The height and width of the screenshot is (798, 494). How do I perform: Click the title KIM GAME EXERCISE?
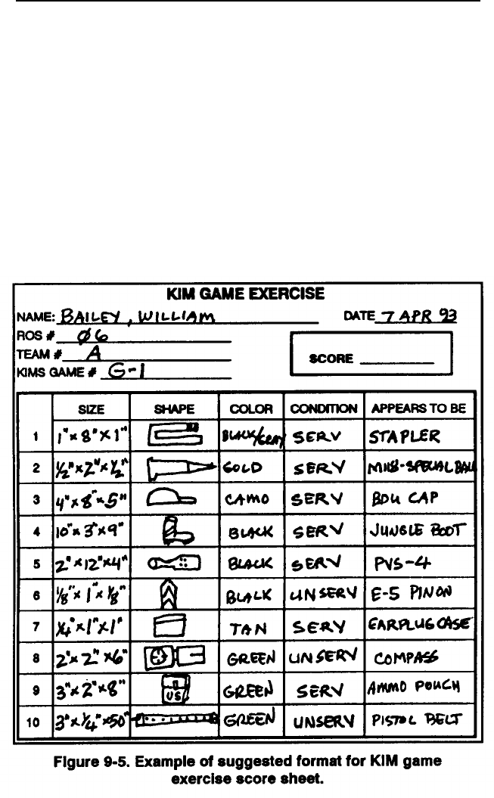(246, 293)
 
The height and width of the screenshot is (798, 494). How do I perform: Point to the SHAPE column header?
(175, 408)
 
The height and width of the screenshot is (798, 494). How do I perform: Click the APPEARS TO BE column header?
(417, 408)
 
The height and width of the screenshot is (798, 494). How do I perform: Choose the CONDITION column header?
(323, 408)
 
